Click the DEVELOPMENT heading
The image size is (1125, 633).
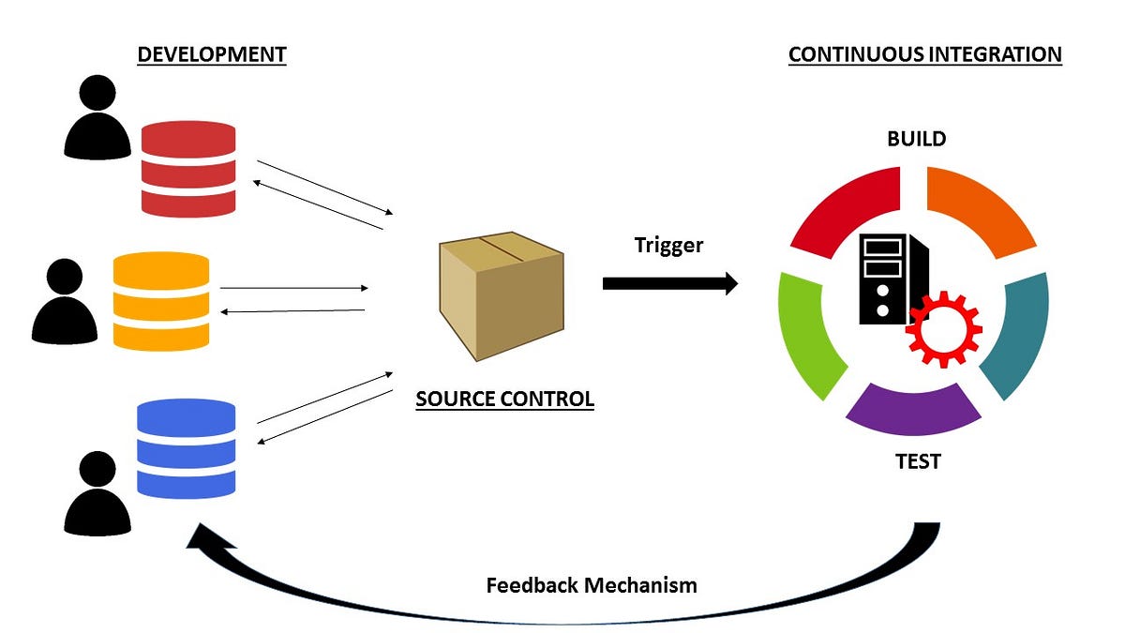[211, 54]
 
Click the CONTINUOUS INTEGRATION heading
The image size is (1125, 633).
[924, 54]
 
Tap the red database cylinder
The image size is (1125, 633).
[187, 169]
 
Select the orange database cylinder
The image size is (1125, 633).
[160, 301]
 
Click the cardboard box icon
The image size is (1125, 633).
[501, 295]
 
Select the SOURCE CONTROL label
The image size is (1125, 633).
[504, 399]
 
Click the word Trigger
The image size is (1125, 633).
[668, 246]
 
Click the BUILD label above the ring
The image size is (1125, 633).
[916, 139]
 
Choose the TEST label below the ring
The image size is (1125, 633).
[916, 461]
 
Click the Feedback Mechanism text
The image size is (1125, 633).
[592, 585]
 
